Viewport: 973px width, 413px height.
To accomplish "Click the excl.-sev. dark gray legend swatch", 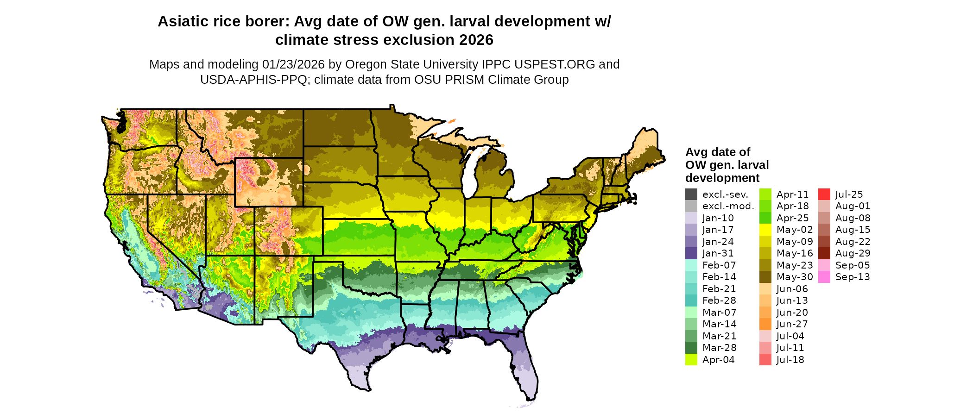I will coord(691,194).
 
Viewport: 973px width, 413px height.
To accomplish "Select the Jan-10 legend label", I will coord(718,218).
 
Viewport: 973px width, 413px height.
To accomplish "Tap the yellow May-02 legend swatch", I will coord(765,230).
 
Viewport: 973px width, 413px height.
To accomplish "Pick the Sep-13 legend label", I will coord(853,277).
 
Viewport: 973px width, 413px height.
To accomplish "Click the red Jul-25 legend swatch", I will coord(824,194).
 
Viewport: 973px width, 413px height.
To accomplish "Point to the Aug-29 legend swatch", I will coord(824,253).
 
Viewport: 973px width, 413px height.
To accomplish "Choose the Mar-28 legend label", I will coord(719,348).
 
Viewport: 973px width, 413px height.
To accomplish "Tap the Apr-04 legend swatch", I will coord(691,360).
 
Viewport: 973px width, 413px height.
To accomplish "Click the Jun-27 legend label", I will coord(792,324).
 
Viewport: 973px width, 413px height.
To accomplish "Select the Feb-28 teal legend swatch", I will coord(691,300).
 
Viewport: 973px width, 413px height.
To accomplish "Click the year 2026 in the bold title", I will coord(476,40).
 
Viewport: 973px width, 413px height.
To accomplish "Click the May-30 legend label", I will coord(795,277).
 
